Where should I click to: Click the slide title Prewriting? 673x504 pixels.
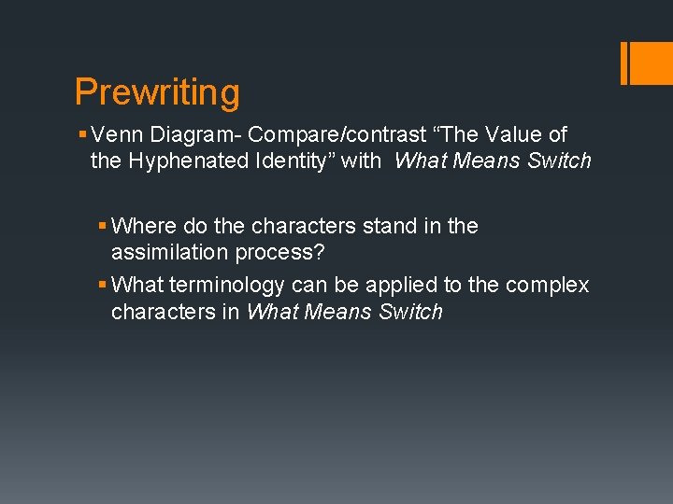tap(157, 92)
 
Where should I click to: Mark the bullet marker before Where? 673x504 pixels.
tap(102, 227)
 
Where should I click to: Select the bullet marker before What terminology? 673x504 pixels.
tap(102, 286)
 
